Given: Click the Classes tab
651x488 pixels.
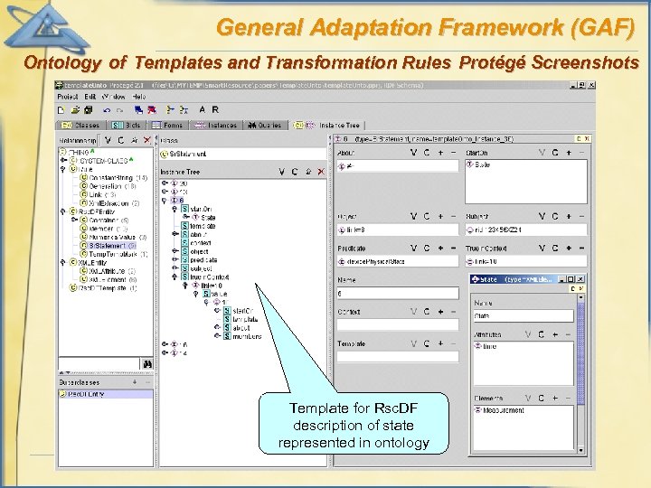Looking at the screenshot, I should click(x=83, y=126).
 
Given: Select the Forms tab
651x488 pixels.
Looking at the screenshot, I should click(x=169, y=126).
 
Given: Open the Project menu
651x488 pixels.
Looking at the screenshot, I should click(x=68, y=96).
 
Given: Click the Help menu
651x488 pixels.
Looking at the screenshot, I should click(x=138, y=96).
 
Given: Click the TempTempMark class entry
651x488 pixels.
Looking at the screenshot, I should click(x=112, y=254).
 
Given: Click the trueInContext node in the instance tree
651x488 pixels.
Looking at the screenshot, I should click(x=210, y=277).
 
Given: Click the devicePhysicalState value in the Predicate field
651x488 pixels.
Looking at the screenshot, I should click(x=373, y=261).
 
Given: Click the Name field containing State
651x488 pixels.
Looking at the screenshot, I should click(x=523, y=316).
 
